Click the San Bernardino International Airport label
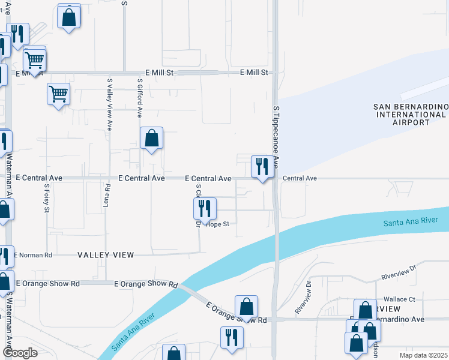pos(411,114)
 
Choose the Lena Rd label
pos(106,195)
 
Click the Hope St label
pos(218,224)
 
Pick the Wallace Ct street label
pos(399,299)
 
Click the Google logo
pos(19,353)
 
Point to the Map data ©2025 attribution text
pos(423,355)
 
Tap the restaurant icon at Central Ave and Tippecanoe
pos(262,166)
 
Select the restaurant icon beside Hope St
pos(205,208)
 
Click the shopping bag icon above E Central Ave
pos(152,138)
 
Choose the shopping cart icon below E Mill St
pos(58,94)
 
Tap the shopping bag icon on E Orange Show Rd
pos(246,307)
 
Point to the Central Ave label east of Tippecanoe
pos(300,178)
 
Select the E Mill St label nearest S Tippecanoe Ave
pos(253,73)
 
